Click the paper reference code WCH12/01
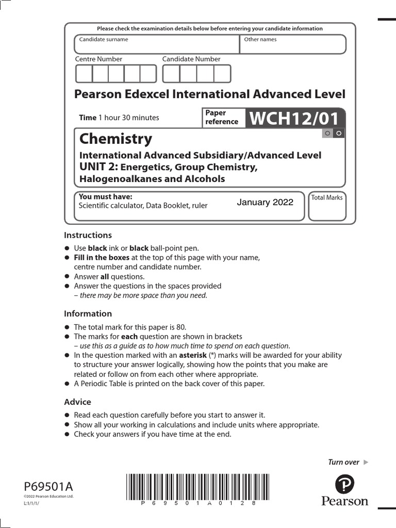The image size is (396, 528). [294, 119]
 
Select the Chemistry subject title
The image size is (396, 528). [115, 139]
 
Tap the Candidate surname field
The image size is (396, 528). [157, 45]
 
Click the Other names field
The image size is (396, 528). [293, 45]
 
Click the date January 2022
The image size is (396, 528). [265, 202]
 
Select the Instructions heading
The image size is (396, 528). [88, 235]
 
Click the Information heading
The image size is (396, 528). [88, 313]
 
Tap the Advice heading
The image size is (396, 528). [77, 402]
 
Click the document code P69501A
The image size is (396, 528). [48, 486]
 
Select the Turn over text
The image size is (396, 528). [343, 462]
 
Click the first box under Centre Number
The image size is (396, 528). [84, 74]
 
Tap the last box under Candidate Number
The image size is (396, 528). [222, 74]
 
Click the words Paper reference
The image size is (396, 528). [222, 118]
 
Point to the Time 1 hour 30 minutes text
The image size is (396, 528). [119, 118]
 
